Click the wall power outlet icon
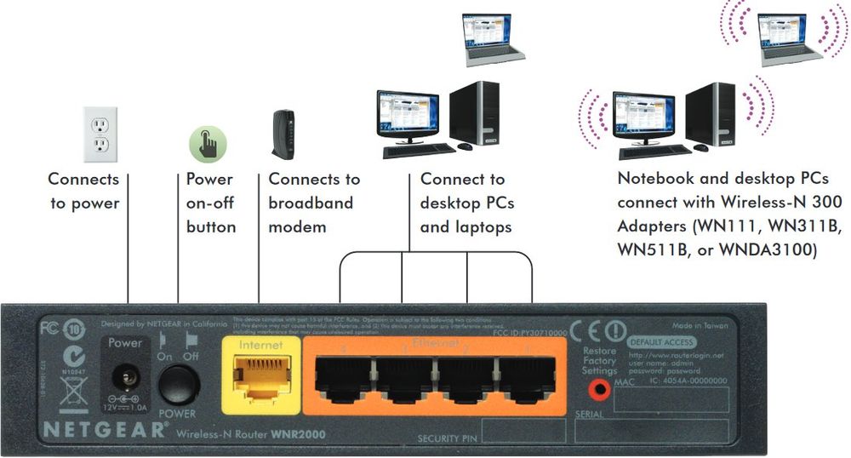point(100,134)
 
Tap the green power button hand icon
point(208,141)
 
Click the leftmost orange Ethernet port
point(343,375)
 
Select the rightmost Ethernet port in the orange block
point(526,375)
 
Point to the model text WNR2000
point(299,434)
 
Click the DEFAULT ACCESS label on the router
point(660,342)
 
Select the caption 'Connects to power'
point(83,192)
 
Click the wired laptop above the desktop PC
point(493,39)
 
